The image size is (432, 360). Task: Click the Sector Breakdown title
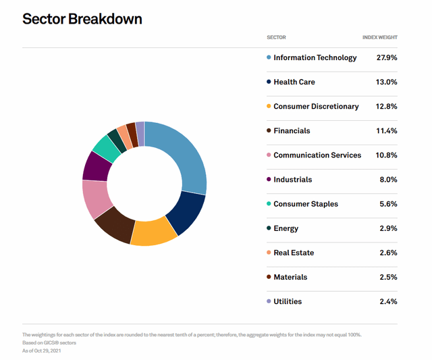[x=82, y=18]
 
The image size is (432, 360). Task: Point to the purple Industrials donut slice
[x=94, y=165]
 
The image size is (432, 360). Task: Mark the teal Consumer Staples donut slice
[x=106, y=147]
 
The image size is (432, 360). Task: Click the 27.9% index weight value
[x=386, y=58]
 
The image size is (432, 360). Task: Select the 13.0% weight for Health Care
[x=386, y=82]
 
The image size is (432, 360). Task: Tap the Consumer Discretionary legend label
[x=316, y=107]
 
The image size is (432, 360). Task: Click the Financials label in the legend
[x=292, y=131]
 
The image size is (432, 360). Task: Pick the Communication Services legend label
[x=317, y=155]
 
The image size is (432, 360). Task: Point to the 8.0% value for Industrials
[x=387, y=180]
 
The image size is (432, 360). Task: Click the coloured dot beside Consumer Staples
[x=269, y=204]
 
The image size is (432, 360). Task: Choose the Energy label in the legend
[x=286, y=228]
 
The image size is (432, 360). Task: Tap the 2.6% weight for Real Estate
[x=387, y=253]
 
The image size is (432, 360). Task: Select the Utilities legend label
[x=288, y=301]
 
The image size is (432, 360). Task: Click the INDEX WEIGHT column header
[x=379, y=38]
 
